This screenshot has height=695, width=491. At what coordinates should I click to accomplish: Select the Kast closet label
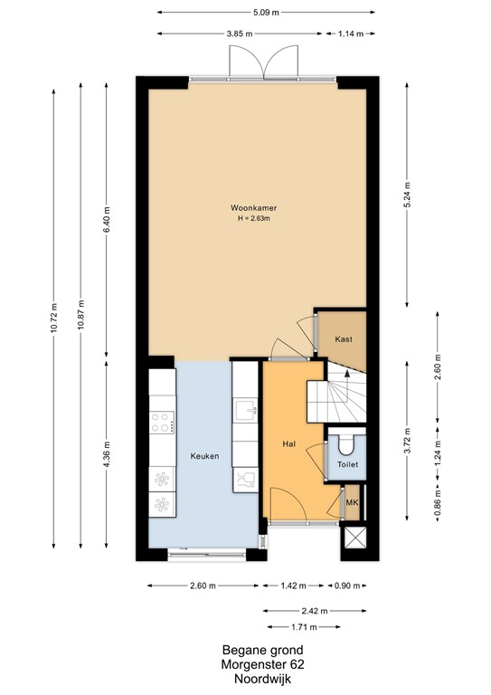(x=343, y=339)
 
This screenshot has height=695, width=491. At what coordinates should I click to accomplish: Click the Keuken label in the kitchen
(x=203, y=457)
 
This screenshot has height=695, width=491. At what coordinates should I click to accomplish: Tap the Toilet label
(x=347, y=464)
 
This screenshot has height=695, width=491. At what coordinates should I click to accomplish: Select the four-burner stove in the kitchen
(x=162, y=422)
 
